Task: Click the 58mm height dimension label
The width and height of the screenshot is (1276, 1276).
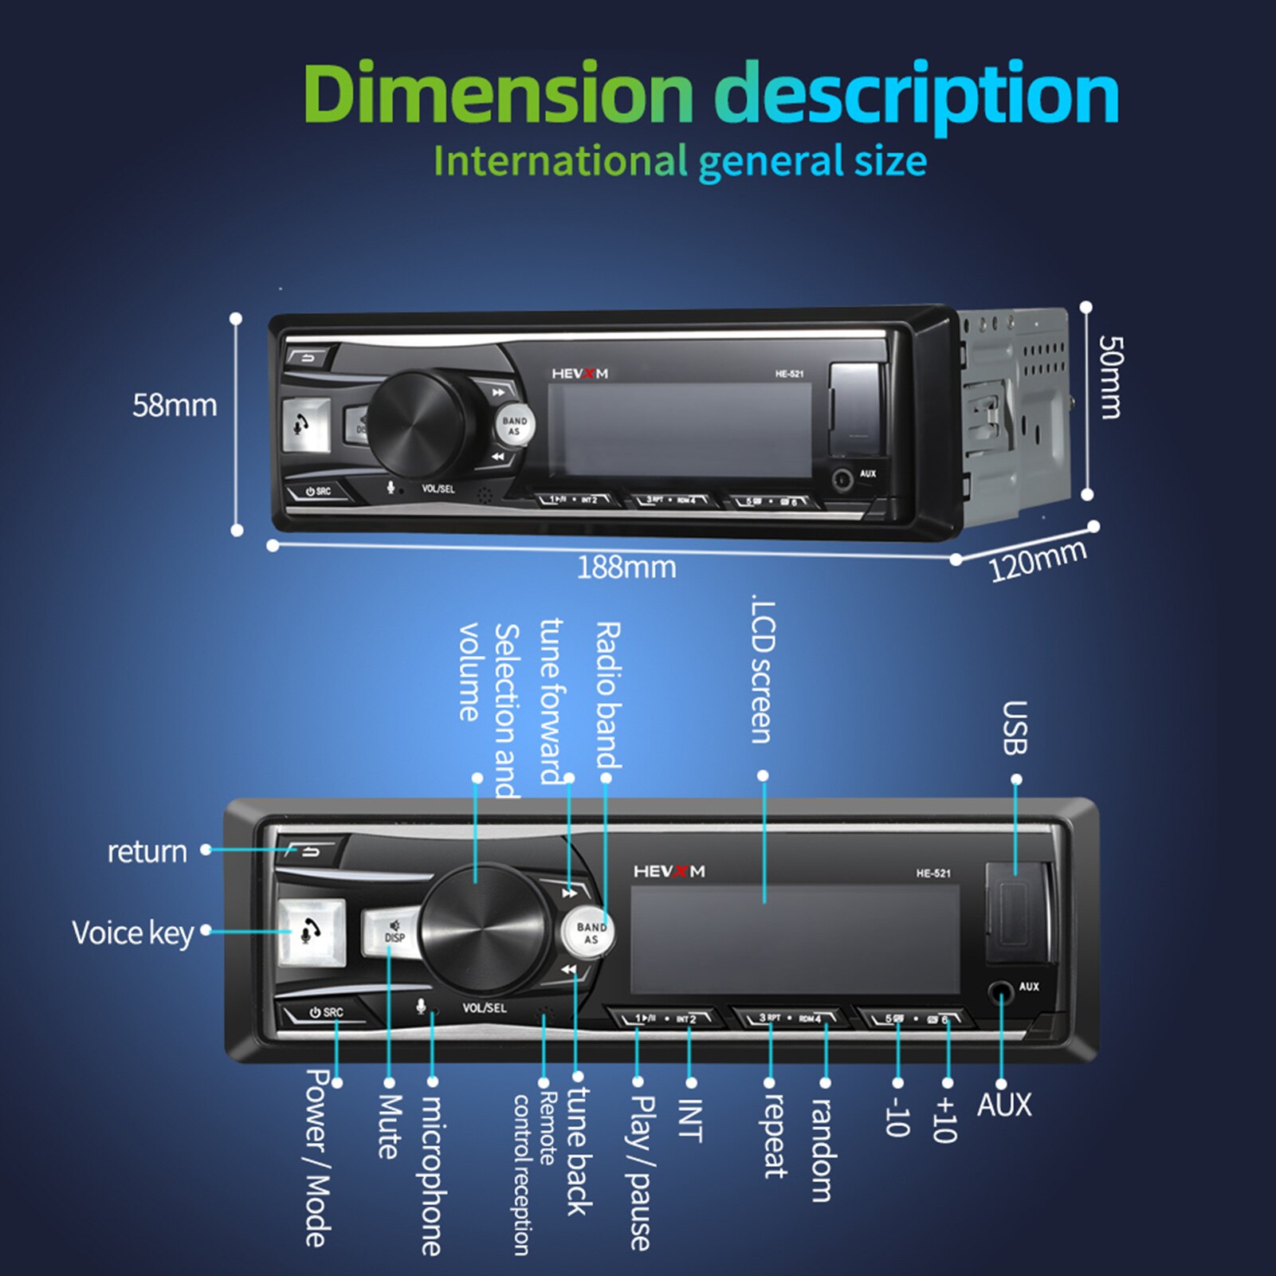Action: click(175, 406)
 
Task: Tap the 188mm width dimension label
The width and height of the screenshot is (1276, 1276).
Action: click(626, 567)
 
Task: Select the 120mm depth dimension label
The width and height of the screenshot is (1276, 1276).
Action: click(1037, 559)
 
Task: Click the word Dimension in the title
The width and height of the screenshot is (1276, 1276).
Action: click(497, 94)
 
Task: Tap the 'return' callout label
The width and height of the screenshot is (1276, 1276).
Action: click(147, 851)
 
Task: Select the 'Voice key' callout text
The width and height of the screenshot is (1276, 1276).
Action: click(132, 932)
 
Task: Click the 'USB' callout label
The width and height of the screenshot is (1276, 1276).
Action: click(1015, 728)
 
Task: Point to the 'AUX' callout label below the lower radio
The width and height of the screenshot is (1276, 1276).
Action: click(1003, 1105)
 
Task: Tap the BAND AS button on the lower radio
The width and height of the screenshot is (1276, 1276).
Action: click(591, 932)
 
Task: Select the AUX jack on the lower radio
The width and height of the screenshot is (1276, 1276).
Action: click(1000, 993)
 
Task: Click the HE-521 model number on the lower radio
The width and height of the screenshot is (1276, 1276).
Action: click(932, 874)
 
